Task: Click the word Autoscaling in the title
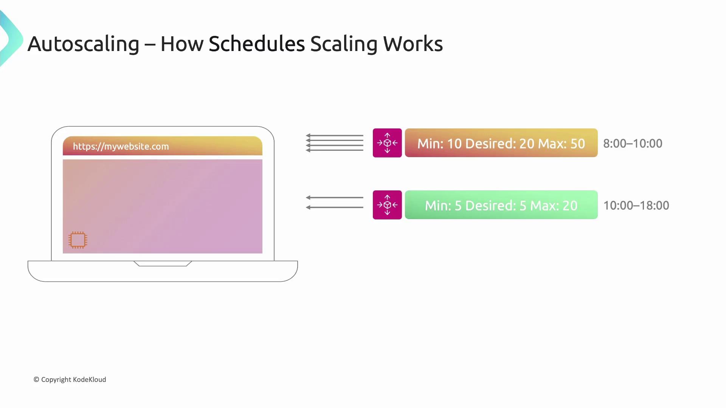(84, 44)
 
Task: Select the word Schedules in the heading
(257, 43)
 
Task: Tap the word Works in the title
(413, 43)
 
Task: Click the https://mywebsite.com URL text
(121, 147)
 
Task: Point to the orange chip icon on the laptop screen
(78, 240)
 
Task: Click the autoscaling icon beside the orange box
(387, 143)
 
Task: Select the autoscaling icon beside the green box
(387, 205)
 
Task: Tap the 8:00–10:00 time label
(633, 144)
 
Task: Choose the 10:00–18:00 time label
(636, 206)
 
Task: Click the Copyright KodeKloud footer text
(70, 380)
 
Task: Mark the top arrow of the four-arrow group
(334, 136)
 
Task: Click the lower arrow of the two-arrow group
(334, 207)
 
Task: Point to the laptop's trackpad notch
(163, 263)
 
